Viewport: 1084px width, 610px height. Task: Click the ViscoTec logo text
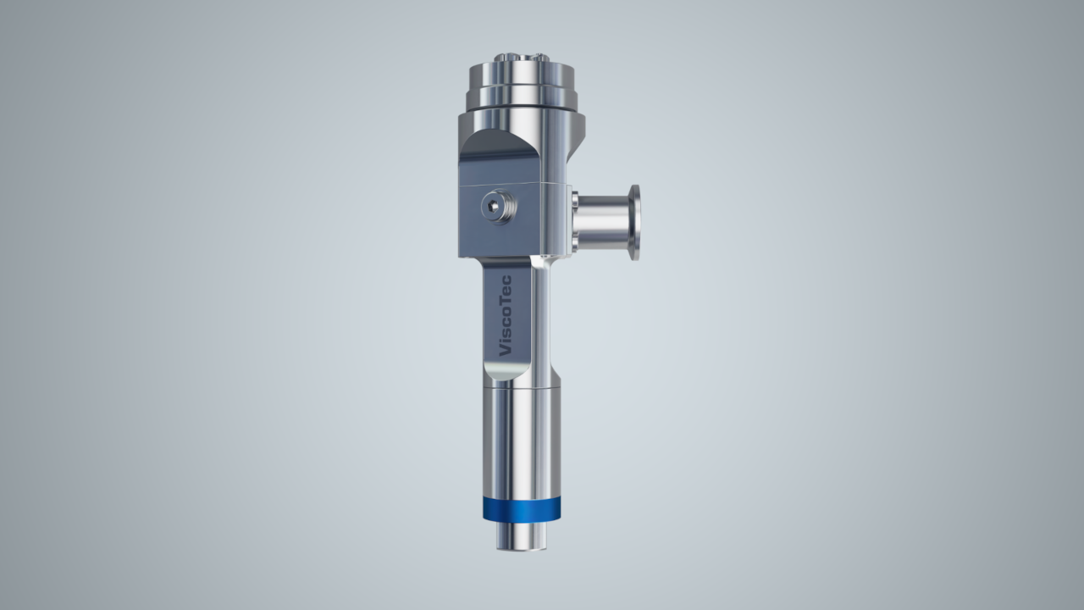click(505, 316)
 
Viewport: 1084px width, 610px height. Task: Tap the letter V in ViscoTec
click(505, 350)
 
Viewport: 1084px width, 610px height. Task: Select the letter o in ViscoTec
click(506, 308)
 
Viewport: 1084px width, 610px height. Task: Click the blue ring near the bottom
click(521, 508)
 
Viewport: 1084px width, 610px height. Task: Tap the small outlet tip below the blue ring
click(521, 535)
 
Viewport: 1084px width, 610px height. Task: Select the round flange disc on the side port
click(633, 222)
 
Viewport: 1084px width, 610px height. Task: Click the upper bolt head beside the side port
click(574, 200)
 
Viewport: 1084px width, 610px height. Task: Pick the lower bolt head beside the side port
click(574, 245)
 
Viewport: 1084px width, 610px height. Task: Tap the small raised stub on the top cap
click(518, 58)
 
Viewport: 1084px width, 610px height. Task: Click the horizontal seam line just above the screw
click(508, 184)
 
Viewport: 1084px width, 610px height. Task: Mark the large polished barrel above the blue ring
click(521, 441)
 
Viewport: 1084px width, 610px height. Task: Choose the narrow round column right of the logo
click(543, 322)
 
